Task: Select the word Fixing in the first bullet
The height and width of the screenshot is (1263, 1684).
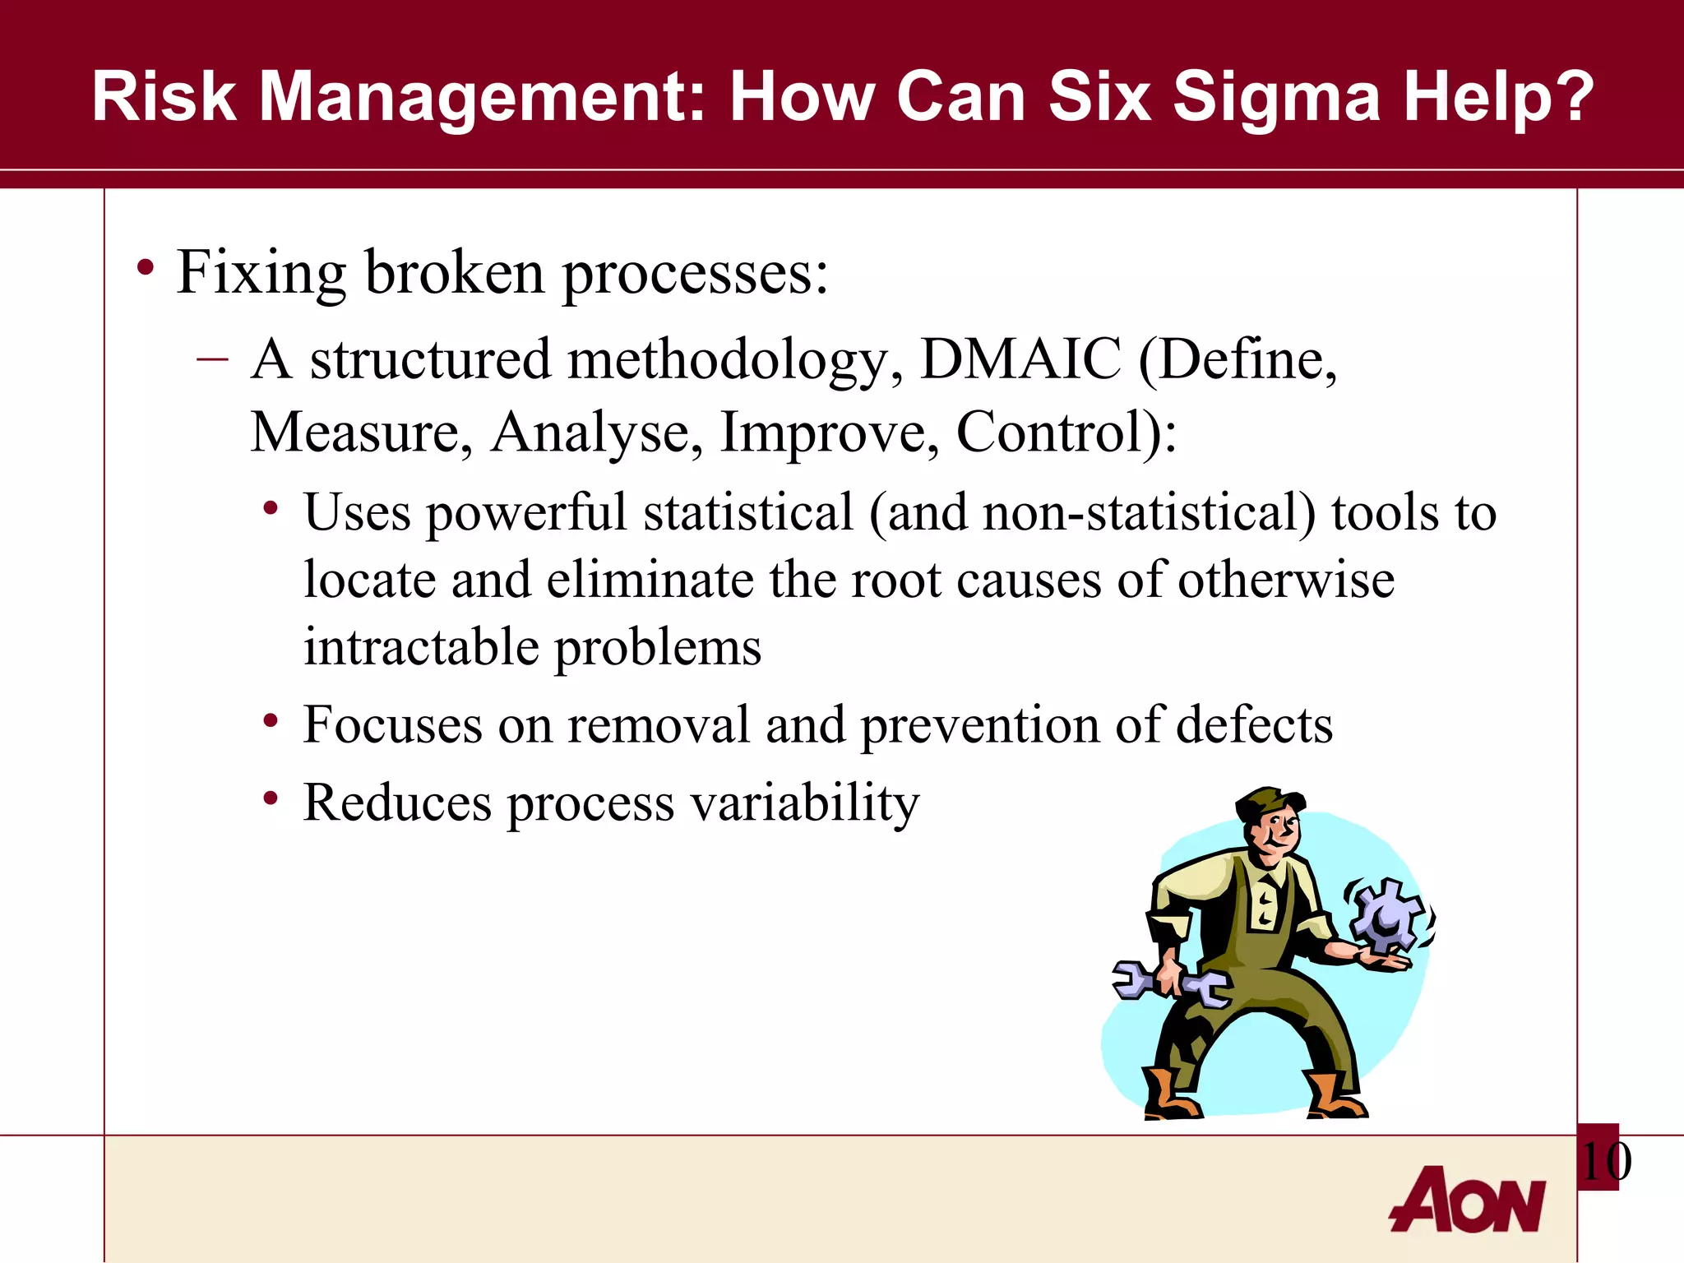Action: [x=261, y=273]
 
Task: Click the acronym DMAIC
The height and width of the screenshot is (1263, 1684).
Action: [x=1020, y=359]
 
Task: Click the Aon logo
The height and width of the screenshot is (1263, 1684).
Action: [x=1468, y=1200]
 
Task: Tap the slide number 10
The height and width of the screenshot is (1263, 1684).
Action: [x=1604, y=1161]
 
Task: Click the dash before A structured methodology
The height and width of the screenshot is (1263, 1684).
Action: [x=212, y=359]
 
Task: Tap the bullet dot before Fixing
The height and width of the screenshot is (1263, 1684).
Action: [x=146, y=268]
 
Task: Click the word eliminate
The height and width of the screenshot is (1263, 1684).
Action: [x=650, y=580]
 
